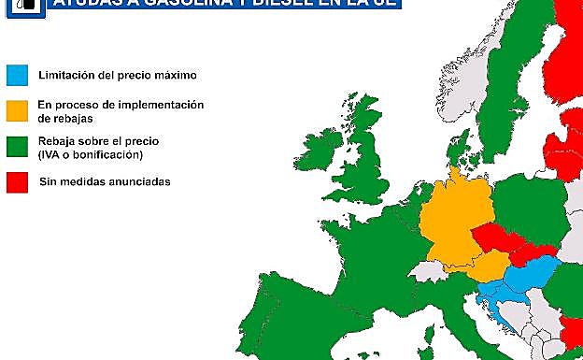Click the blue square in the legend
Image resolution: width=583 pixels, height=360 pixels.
[x=18, y=74]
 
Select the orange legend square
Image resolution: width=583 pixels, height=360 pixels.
[x=18, y=110]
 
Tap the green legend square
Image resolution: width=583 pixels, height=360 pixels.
[x=18, y=147]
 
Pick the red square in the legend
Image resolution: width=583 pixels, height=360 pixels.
[x=18, y=180]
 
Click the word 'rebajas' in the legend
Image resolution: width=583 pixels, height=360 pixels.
[x=59, y=119]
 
